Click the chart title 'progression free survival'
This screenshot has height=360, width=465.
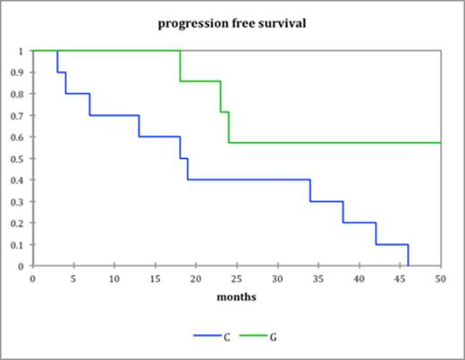232,23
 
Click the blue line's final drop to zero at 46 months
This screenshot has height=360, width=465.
408,255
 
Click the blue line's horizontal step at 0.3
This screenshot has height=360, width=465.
326,201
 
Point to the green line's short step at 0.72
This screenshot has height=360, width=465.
224,112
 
